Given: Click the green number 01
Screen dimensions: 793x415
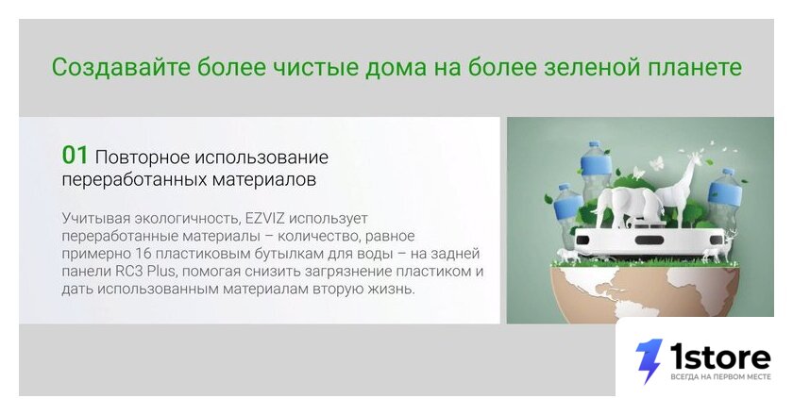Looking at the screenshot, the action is [75, 156].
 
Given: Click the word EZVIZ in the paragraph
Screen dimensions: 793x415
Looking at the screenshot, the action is [265, 219].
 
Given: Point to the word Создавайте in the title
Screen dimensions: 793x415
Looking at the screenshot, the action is [121, 67].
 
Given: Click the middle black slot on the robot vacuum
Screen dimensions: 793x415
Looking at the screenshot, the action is [650, 240].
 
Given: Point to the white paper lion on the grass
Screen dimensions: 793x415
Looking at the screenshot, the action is [567, 256].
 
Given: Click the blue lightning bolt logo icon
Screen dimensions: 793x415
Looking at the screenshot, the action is [649, 360].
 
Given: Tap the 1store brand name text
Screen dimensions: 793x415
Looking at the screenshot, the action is [720, 357].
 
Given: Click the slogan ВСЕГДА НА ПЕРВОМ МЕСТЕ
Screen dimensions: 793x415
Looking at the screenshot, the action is [720, 377].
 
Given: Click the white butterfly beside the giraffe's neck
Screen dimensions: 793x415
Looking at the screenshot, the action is [658, 162].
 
